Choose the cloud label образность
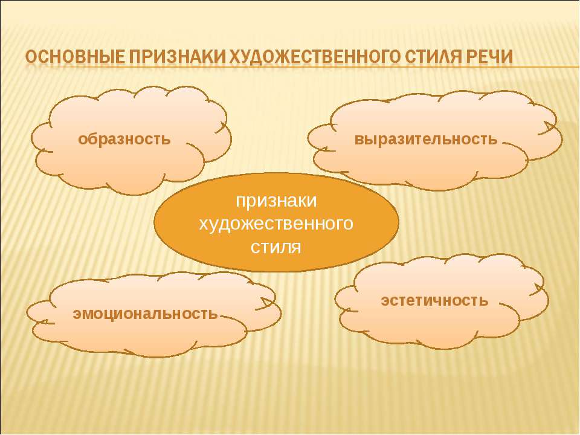[x=124, y=140]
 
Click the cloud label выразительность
[x=426, y=140]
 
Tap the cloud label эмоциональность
[x=146, y=314]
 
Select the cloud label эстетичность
[x=434, y=300]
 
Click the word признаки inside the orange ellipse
[x=276, y=201]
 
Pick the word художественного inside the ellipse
[x=276, y=224]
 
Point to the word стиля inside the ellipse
[x=276, y=247]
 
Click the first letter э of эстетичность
[x=385, y=301]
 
